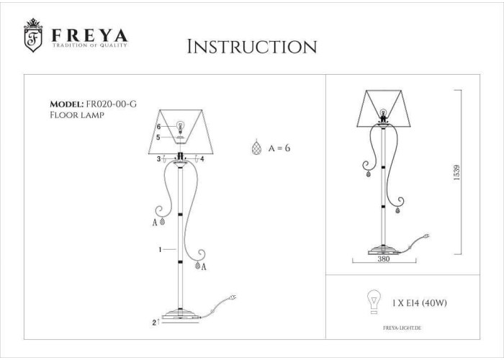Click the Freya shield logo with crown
[x=33, y=35]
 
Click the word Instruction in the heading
[x=252, y=47]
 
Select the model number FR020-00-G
[x=110, y=104]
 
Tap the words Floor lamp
[x=77, y=114]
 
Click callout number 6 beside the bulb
[x=159, y=127]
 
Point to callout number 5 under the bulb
[x=158, y=138]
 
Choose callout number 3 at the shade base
[x=158, y=159]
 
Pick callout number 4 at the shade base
[x=202, y=159]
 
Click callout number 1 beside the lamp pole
[x=160, y=249]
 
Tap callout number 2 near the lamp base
[x=154, y=323]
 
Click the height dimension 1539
[x=456, y=173]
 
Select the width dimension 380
[x=384, y=258]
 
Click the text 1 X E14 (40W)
[x=420, y=303]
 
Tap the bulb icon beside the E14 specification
[x=374, y=301]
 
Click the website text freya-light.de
[x=402, y=328]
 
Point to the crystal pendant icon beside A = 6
[x=256, y=148]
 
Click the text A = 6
[x=279, y=148]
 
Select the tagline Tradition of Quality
[x=90, y=45]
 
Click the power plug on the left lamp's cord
[x=232, y=297]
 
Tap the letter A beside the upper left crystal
[x=155, y=222]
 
